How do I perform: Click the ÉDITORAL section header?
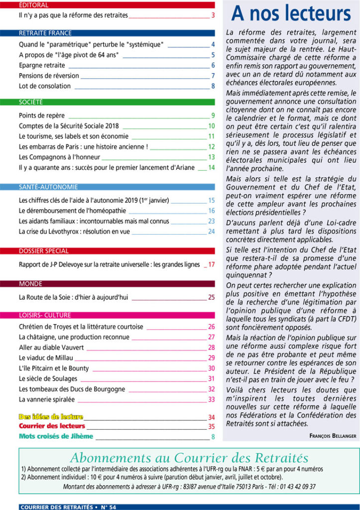pyautogui.click(x=34, y=5)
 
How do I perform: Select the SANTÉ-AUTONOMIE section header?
pyautogui.click(x=48, y=187)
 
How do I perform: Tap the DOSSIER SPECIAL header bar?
pyautogui.click(x=44, y=251)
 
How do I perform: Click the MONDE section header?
pyautogui.click(x=30, y=284)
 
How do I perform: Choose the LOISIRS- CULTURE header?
pyautogui.click(x=45, y=315)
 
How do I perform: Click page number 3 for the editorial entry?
pyautogui.click(x=213, y=15)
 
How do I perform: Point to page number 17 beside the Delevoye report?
pyautogui.click(x=211, y=265)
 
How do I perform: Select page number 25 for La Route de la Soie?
pyautogui.click(x=211, y=298)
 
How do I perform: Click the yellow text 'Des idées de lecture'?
pyautogui.click(x=51, y=417)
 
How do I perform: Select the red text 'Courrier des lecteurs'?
pyautogui.click(x=52, y=427)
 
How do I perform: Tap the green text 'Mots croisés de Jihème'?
pyautogui.click(x=56, y=437)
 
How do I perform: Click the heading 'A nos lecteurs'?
pyautogui.click(x=291, y=13)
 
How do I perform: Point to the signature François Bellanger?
pyautogui.click(x=333, y=435)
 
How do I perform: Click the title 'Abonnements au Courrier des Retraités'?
pyautogui.click(x=189, y=458)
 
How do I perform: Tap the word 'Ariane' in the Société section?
pyautogui.click(x=184, y=167)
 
